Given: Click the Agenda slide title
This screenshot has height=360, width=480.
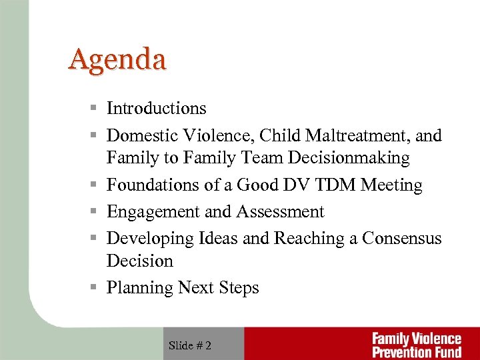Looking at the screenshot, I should click(117, 60).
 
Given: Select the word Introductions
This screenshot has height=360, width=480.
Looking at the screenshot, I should click(157, 108).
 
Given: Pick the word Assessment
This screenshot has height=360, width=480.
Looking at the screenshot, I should click(279, 212).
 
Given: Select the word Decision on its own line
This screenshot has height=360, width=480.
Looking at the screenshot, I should click(140, 261).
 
